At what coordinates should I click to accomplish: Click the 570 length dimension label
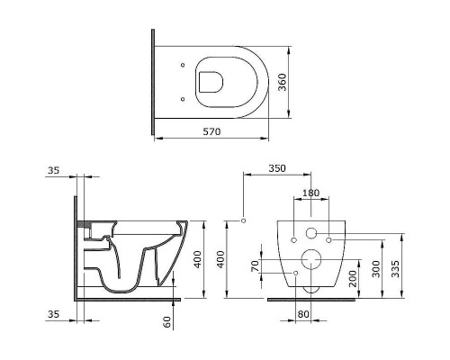coord(211,131)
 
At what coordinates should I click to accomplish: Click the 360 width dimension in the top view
coord(283,82)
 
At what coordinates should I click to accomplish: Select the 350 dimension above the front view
coord(277,168)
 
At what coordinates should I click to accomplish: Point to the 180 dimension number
coord(310,193)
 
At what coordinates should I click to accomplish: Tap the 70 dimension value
coord(255,266)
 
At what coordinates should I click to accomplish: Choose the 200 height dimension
coord(353,278)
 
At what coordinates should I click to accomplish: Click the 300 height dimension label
coord(376,269)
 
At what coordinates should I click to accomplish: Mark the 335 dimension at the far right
coord(395,269)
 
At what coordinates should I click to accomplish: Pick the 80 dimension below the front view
coord(303,314)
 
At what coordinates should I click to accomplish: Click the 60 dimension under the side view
coord(168,322)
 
